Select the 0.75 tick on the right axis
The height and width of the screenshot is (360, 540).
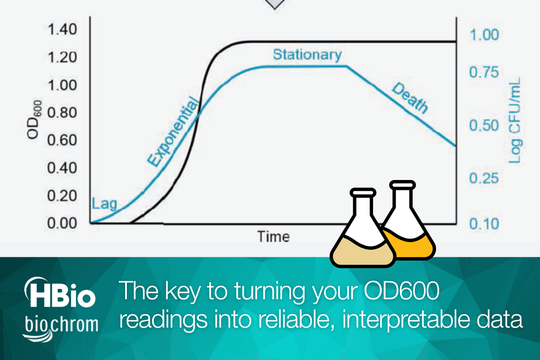pyautogui.click(x=484, y=72)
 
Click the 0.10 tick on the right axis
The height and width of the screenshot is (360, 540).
pyautogui.click(x=484, y=224)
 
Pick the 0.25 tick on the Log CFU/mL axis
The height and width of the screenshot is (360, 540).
pyautogui.click(x=484, y=179)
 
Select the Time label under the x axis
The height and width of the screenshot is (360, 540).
pyautogui.click(x=273, y=236)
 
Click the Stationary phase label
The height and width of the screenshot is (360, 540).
pyautogui.click(x=307, y=55)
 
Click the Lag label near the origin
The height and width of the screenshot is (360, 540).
pyautogui.click(x=104, y=204)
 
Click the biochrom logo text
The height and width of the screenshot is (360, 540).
pyautogui.click(x=61, y=324)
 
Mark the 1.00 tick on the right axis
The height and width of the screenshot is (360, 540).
pyautogui.click(x=484, y=35)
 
